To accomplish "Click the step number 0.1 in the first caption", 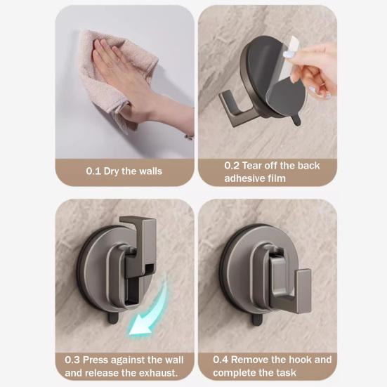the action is [x=93, y=171].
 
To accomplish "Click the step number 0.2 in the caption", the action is [x=232, y=165].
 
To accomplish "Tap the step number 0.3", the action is [x=72, y=360].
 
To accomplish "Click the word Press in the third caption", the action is [x=95, y=360].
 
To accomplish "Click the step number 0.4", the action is [x=221, y=360].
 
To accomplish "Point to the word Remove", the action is [x=247, y=360].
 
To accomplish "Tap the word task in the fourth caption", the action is [x=287, y=372].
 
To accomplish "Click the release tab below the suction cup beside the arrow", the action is [x=113, y=319].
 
